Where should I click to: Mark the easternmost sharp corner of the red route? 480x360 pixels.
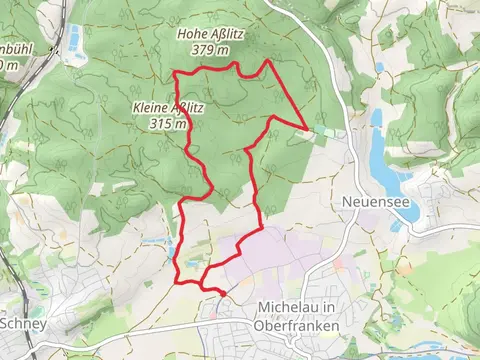[x=306, y=127]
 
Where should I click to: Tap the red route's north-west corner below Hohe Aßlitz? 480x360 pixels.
[x=176, y=74]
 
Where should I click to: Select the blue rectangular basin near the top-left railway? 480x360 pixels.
[x=74, y=39]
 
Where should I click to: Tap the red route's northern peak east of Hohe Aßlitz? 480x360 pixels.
[x=267, y=62]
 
